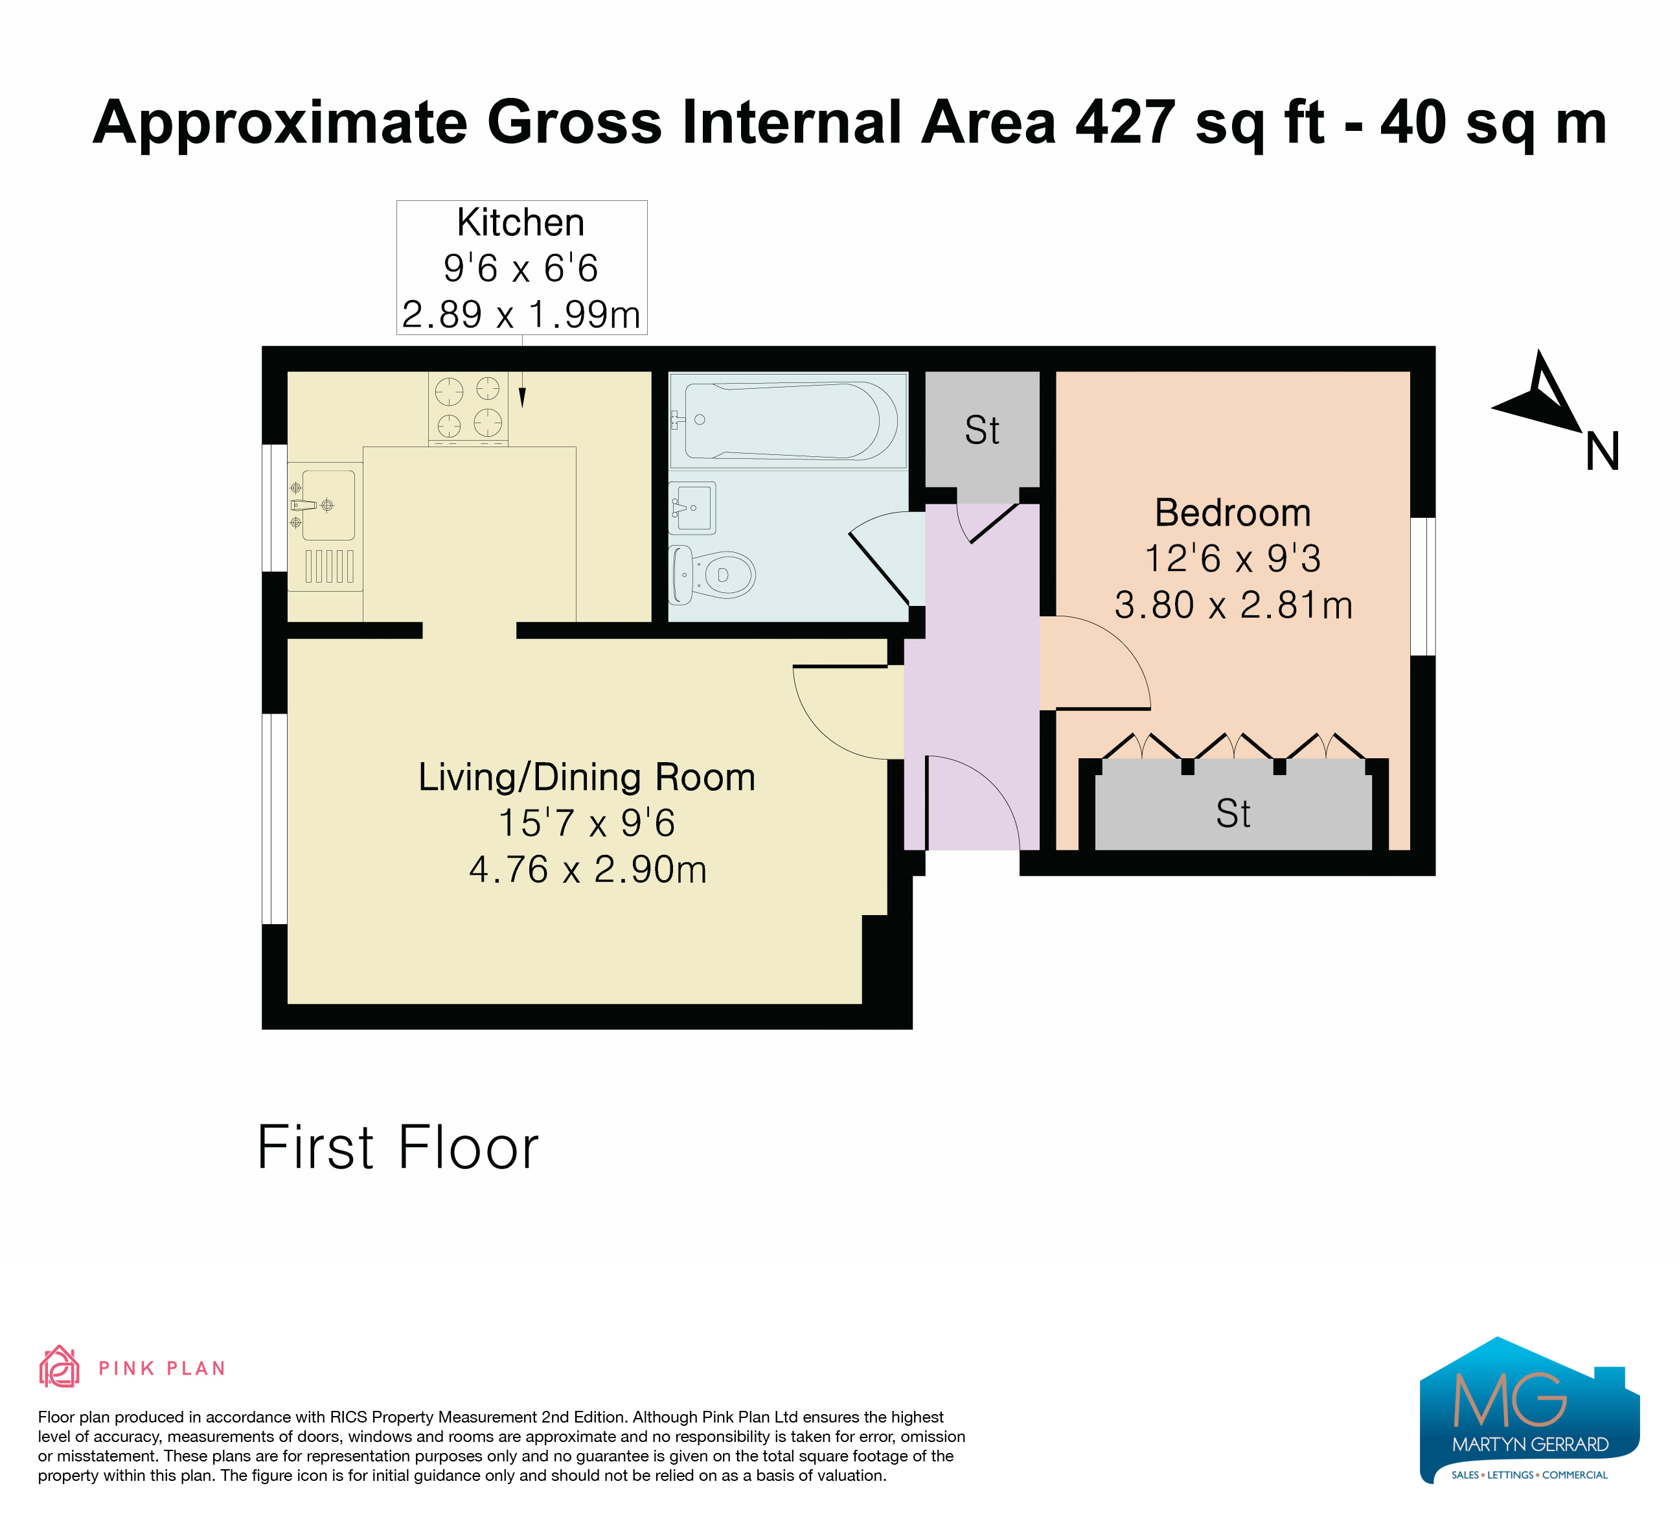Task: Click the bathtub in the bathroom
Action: point(787,421)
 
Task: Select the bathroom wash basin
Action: point(692,507)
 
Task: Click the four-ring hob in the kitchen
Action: point(468,408)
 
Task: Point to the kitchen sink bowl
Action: point(328,505)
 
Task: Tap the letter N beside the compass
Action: point(1601,452)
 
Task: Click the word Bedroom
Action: point(1233,513)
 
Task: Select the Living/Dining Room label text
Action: point(587,776)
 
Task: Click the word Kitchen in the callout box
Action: point(521,222)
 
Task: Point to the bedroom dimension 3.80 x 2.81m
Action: point(1233,605)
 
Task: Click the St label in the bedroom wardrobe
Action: point(1233,813)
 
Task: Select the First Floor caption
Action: point(398,1147)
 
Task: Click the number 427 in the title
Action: point(1125,122)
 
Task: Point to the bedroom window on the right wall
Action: point(1422,586)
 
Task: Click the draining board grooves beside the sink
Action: point(329,566)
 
